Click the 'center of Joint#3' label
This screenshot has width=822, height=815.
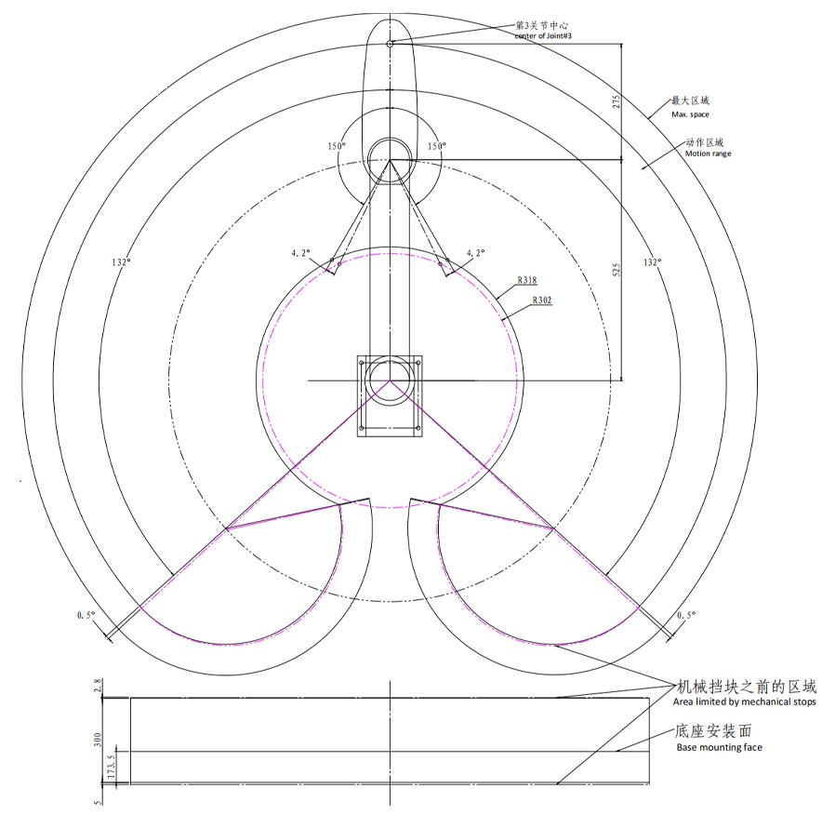(543, 35)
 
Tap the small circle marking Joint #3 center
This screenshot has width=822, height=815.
(390, 44)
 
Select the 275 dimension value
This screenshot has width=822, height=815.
(616, 101)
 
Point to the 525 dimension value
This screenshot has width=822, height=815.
(616, 270)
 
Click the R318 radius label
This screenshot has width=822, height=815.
(527, 280)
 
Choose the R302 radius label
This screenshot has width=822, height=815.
(542, 300)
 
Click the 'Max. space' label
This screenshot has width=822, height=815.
(690, 114)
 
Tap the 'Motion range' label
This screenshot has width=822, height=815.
(708, 154)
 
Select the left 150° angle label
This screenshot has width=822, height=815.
(337, 146)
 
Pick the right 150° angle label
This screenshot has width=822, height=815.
(437, 146)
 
